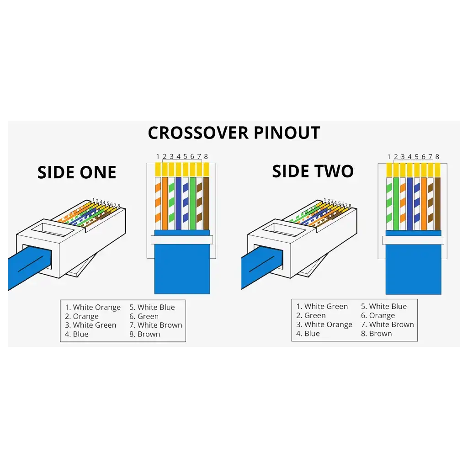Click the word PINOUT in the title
pos(287,133)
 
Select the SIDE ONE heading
pos(77,173)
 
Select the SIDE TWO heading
pos(313,171)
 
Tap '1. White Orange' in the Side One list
pos(93,308)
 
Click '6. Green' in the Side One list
pos(144,316)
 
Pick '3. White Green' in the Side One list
pos(90,325)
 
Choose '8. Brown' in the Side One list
pos(144,334)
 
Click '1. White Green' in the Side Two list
pos(322,307)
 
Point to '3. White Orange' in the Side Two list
pos(324,324)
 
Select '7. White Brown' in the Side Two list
pos(387,324)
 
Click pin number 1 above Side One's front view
pos(158,157)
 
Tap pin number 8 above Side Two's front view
pos(437,157)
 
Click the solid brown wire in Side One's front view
pos(206,203)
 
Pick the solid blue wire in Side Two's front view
pos(409,203)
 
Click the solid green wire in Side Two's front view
pos(396,203)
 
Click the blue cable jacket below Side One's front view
pos(182,270)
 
